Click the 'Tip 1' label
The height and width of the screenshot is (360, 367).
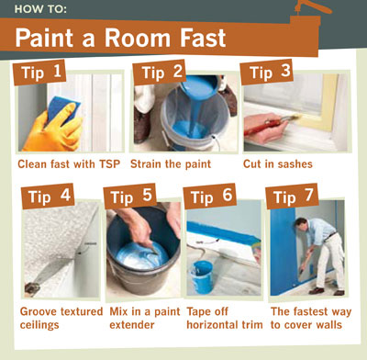pyautogui.click(x=39, y=73)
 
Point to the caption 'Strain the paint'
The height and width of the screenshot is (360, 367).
pyautogui.click(x=171, y=164)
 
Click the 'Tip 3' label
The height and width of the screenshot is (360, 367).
pyautogui.click(x=267, y=72)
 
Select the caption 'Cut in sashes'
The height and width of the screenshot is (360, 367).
pyautogui.click(x=278, y=164)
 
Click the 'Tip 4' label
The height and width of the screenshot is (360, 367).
pyautogui.click(x=48, y=197)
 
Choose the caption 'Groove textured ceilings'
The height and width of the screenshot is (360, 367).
pyautogui.click(x=61, y=318)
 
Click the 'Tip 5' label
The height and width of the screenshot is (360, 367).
pyautogui.click(x=130, y=197)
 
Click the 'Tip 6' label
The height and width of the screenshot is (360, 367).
pyautogui.click(x=210, y=197)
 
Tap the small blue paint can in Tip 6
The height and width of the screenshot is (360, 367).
pyautogui.click(x=202, y=276)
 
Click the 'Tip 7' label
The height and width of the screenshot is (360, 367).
pyautogui.click(x=292, y=197)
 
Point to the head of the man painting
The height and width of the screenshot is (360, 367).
pyautogui.click(x=301, y=224)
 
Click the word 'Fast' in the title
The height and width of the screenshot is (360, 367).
pyautogui.click(x=203, y=38)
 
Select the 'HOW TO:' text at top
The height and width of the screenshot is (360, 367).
pyautogui.click(x=40, y=9)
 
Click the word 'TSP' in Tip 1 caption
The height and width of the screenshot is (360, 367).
pyautogui.click(x=109, y=164)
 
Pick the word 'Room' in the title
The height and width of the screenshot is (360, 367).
pyautogui.click(x=138, y=38)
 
